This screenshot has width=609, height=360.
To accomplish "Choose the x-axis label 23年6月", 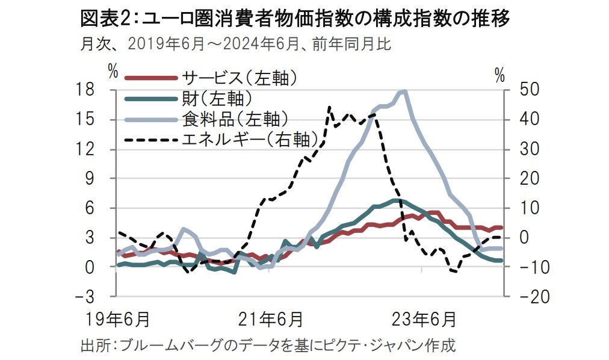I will click(x=422, y=317).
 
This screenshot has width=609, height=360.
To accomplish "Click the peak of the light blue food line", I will click(x=403, y=92).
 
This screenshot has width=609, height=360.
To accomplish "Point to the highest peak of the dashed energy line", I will click(x=329, y=108).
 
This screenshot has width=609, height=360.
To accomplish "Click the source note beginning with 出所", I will click(x=268, y=346).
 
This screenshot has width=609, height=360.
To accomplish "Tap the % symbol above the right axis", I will click(x=499, y=75).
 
